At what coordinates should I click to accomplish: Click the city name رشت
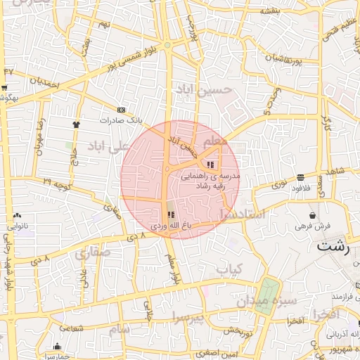334,246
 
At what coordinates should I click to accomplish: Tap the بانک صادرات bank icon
122,110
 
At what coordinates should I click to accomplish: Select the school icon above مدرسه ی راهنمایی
211,165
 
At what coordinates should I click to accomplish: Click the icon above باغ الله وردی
169,214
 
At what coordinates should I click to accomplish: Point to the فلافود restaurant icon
301,178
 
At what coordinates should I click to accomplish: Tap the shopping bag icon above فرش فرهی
312,214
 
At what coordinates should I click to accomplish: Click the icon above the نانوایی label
17,216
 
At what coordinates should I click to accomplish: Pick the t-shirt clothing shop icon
76,124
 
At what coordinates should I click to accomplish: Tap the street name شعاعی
72,328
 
